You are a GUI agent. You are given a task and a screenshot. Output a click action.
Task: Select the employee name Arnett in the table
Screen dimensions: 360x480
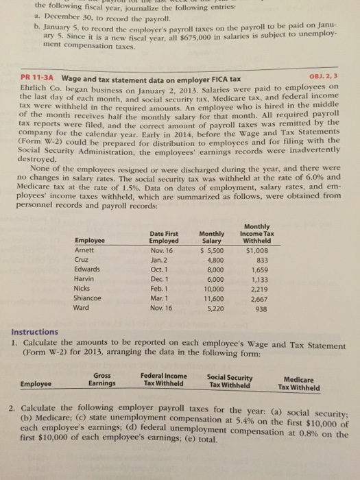[86, 251]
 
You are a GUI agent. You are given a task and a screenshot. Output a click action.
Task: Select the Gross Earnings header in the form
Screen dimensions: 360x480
[105, 379]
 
